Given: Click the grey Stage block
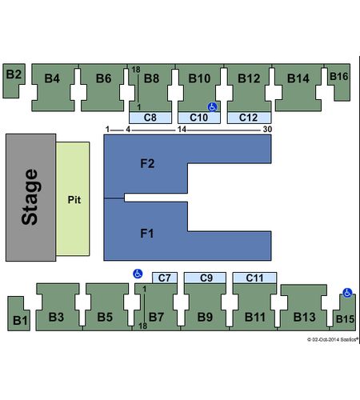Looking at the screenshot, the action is click(30, 198).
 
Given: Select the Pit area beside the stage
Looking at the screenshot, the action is click(73, 198).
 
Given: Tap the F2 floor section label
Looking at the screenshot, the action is click(147, 163).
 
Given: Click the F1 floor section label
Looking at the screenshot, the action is click(147, 234).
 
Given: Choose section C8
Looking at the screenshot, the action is click(150, 118).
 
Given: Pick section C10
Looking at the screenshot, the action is click(199, 118).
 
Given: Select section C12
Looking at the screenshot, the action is click(249, 118).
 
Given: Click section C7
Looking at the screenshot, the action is click(165, 278).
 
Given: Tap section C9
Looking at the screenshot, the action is click(205, 278).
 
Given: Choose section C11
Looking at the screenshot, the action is click(254, 278).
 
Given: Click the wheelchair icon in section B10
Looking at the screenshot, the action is click(213, 107).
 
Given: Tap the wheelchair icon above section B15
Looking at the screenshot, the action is click(347, 293).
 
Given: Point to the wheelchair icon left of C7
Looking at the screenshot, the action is click(138, 274).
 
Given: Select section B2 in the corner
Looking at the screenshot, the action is click(13, 80).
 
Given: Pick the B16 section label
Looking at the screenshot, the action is click(338, 77).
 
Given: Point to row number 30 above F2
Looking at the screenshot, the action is click(267, 130).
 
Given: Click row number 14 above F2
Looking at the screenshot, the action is click(182, 130).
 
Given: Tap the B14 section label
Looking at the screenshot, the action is click(298, 78).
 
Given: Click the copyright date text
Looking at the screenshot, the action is click(332, 339).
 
